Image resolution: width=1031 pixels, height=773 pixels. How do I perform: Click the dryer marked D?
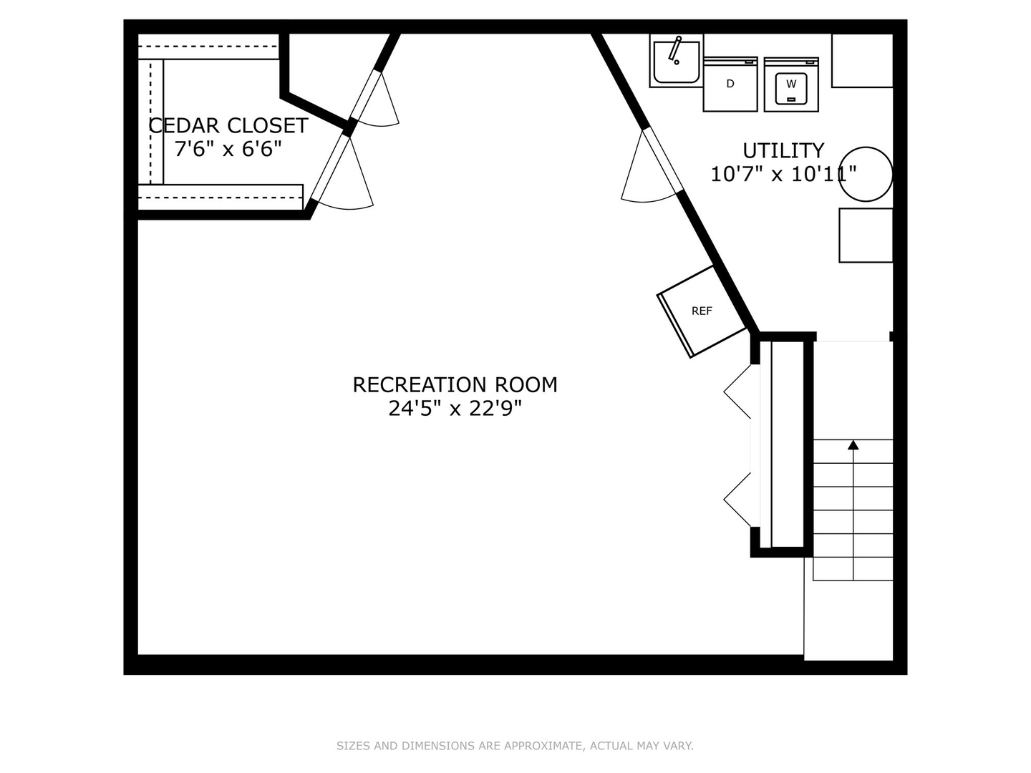coord(730,84)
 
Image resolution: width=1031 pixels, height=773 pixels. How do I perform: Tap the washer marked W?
coord(791,84)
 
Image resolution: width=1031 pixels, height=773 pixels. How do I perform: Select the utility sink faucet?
coord(675,50)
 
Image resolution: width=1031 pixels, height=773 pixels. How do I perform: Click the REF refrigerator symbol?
coord(702,311)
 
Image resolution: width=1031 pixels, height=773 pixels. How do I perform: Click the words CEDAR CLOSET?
coord(228,126)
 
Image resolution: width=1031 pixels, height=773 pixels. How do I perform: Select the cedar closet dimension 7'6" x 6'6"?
coord(228,150)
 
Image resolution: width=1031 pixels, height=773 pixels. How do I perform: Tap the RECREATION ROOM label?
coord(455,385)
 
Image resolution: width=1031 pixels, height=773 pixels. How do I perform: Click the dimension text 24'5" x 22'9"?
coord(455,408)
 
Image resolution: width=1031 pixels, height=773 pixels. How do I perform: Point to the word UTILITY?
coord(783,150)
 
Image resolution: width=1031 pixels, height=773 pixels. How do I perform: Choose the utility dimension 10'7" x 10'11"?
coord(783,174)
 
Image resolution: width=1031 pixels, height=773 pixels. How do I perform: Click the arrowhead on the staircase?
coord(853,445)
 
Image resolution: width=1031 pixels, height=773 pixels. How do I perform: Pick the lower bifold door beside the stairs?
coord(737,500)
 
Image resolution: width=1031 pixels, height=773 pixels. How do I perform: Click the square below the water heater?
coord(866,235)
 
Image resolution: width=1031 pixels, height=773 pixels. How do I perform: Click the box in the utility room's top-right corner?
coord(862,61)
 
